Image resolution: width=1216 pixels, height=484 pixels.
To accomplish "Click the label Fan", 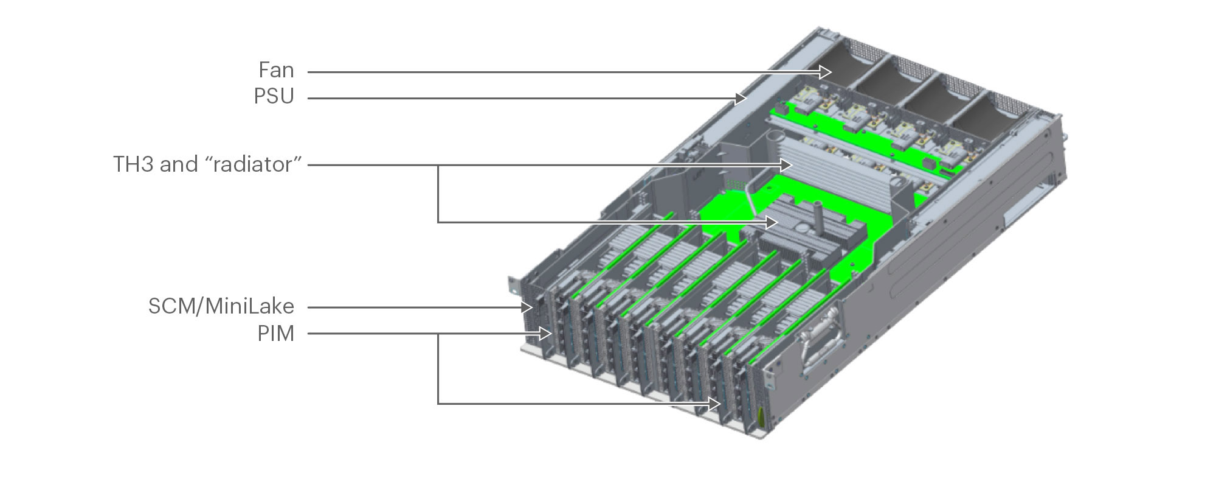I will point(276,71).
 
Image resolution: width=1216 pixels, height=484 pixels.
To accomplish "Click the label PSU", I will point(274,97).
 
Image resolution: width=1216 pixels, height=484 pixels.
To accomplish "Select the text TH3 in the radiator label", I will point(134,164).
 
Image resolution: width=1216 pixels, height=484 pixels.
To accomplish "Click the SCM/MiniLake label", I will point(221,306).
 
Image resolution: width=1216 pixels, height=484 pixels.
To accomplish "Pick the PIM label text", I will point(275,334).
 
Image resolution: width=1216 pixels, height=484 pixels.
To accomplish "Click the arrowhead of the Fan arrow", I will point(826,72).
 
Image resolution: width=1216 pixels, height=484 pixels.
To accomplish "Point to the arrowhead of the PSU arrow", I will point(741,98).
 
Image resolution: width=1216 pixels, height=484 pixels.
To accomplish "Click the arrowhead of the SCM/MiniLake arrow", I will point(528,307).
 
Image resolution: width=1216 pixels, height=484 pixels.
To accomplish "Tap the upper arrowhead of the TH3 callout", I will point(787,165).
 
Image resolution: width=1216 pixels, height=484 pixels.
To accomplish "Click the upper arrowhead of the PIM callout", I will point(545,334).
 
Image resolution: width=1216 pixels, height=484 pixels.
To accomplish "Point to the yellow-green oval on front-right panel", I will point(760,417).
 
